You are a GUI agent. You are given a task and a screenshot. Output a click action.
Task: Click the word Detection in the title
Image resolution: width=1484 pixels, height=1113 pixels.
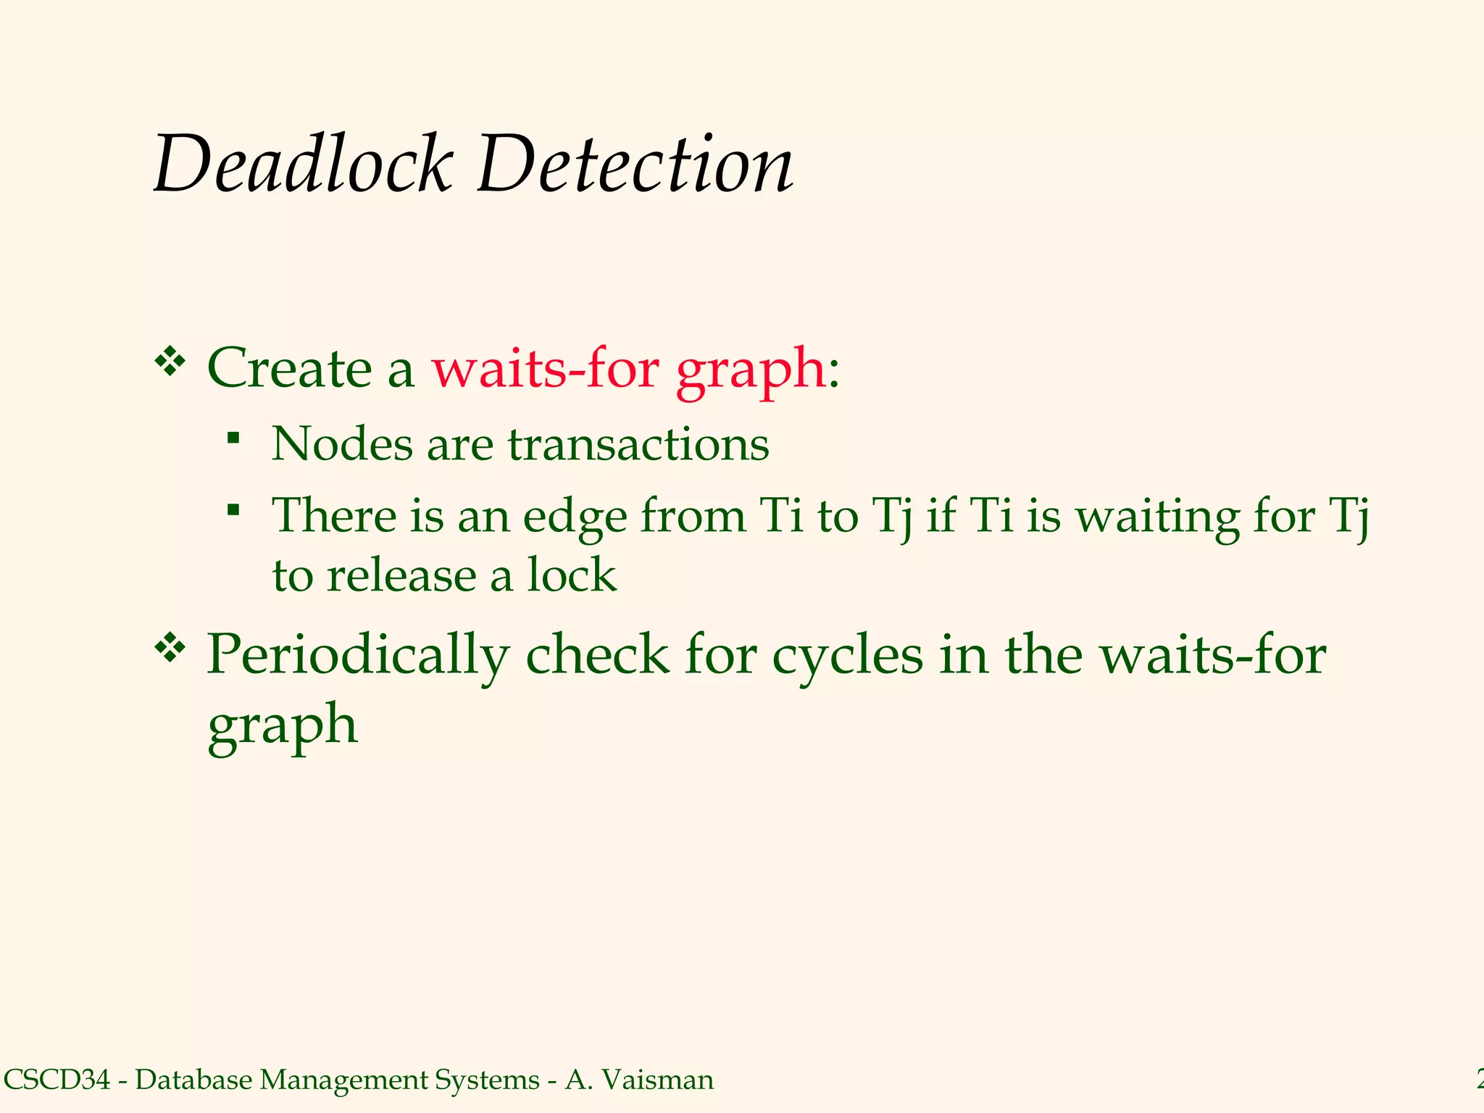(x=635, y=165)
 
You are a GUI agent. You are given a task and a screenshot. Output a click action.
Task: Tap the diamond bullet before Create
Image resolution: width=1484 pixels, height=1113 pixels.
(x=171, y=361)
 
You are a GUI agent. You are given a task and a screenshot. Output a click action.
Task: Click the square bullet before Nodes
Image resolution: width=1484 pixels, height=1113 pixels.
(x=233, y=437)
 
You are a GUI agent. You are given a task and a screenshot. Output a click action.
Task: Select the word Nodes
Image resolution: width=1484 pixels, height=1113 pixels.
(x=342, y=443)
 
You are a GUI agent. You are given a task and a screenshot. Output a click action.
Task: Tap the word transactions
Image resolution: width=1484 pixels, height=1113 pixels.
(x=638, y=445)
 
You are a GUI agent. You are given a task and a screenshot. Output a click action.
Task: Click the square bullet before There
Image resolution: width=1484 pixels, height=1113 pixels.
(x=233, y=509)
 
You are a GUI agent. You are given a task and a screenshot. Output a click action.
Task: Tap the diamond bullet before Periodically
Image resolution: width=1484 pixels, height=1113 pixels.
(x=171, y=647)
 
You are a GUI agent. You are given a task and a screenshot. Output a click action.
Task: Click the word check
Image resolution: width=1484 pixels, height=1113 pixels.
(x=597, y=654)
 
